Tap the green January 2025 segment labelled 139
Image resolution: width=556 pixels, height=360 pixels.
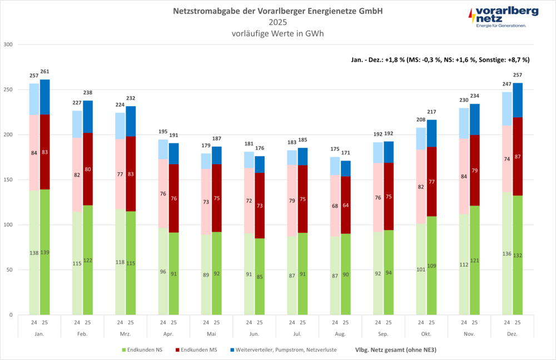click(45, 253)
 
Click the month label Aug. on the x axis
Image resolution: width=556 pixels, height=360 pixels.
click(340, 334)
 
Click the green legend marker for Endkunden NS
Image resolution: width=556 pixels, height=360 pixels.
click(124, 350)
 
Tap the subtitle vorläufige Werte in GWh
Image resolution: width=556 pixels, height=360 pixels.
click(278, 33)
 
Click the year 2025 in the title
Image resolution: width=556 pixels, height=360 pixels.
click(278, 22)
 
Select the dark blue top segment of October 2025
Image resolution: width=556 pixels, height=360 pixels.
click(431, 133)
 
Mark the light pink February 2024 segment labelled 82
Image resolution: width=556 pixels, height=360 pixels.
click(77, 175)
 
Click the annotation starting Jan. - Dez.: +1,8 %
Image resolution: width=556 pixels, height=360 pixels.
click(440, 59)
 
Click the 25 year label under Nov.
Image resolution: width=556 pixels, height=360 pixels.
click(475, 322)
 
